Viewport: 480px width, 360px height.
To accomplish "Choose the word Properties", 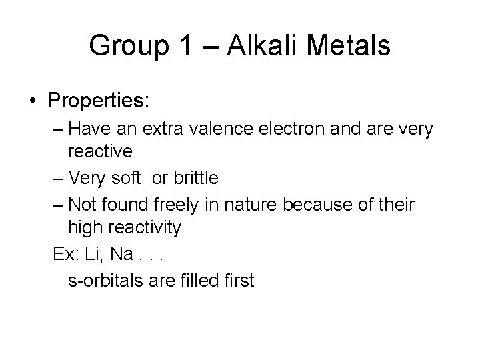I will pos(99,102).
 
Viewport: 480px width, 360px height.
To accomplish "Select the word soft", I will pos(126,179).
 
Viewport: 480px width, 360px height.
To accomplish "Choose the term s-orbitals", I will pos(106,280).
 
